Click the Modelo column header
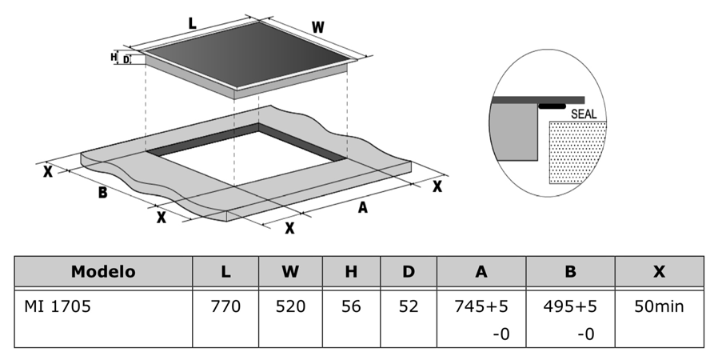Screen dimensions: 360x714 click(103, 272)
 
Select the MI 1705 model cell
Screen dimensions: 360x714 click(57, 306)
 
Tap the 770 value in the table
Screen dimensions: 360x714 click(225, 306)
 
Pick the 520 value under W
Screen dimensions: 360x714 click(290, 306)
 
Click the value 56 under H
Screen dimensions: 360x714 click(350, 306)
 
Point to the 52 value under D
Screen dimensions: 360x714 click(409, 306)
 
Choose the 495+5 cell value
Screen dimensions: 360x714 click(570, 306)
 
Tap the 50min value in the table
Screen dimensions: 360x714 click(659, 306)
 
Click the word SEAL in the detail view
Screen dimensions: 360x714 click(584, 114)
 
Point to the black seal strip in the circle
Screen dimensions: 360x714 click(551, 105)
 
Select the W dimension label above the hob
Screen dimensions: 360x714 click(317, 27)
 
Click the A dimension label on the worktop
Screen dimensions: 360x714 click(362, 208)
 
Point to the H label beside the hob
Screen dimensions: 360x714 click(114, 57)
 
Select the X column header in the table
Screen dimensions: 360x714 click(659, 272)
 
